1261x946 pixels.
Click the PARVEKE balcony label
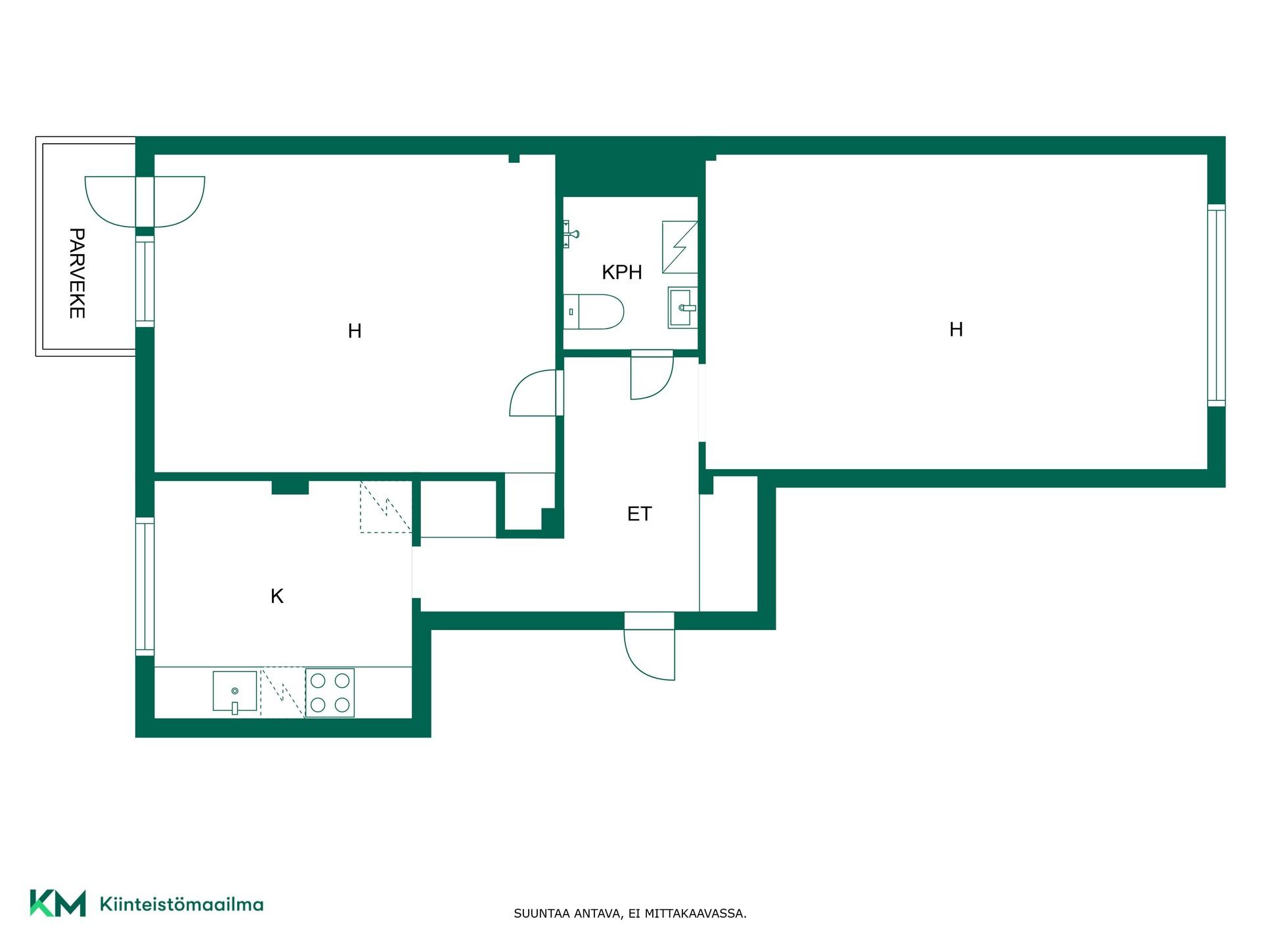[77, 273]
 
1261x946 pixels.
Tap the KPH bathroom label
[622, 272]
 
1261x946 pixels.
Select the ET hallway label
[640, 514]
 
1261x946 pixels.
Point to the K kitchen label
[277, 596]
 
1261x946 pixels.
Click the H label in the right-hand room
[956, 329]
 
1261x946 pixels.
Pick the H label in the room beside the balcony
[355, 331]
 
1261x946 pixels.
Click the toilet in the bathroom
[594, 311]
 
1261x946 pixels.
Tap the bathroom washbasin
[682, 307]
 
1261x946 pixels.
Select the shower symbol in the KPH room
[680, 247]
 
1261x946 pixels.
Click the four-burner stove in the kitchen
[330, 692]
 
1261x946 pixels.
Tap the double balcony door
[145, 202]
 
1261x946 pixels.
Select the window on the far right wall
[1216, 305]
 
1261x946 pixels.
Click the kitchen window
[145, 586]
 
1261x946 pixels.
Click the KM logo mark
[58, 903]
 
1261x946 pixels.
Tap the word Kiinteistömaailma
[181, 905]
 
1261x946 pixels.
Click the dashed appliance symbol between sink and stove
[283, 692]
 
